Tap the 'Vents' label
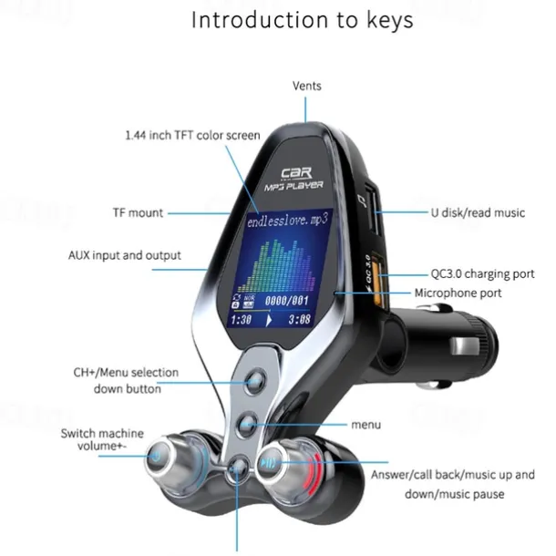pyautogui.click(x=306, y=87)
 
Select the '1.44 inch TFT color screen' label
pyautogui.click(x=192, y=135)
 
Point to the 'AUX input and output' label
pyautogui.click(x=125, y=255)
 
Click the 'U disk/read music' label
pyautogui.click(x=478, y=213)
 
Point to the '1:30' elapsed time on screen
pyautogui.click(x=241, y=320)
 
